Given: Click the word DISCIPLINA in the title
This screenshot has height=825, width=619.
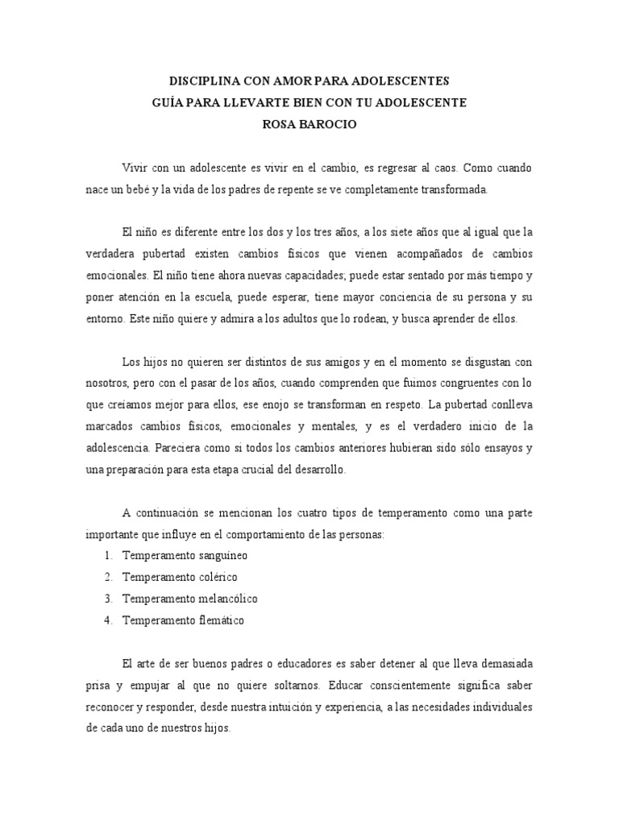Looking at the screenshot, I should coord(198,81).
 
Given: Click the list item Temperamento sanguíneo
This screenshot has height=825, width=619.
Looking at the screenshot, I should coord(185,555).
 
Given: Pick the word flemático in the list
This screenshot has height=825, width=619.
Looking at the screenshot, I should coord(215,620).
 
